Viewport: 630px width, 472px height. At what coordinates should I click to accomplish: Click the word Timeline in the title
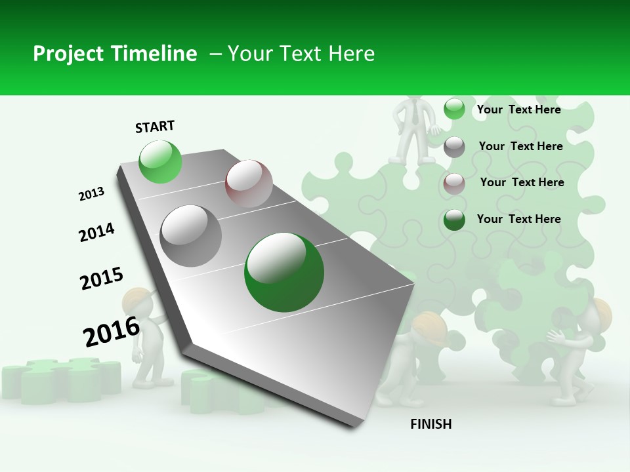(x=155, y=54)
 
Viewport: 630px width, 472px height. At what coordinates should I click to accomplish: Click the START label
(x=155, y=127)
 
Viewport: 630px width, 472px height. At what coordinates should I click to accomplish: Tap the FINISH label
(x=430, y=424)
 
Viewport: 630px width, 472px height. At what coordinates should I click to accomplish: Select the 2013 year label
(x=91, y=194)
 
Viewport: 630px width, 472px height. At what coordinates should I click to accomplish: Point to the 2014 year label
(x=96, y=233)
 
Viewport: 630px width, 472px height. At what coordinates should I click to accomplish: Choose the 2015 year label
(x=101, y=279)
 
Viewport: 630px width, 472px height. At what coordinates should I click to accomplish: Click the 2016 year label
(x=112, y=332)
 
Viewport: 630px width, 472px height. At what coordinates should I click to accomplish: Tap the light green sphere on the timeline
(x=160, y=161)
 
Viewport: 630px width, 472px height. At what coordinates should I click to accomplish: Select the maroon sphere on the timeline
(x=249, y=184)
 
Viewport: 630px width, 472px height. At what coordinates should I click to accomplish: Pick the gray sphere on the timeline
(x=191, y=235)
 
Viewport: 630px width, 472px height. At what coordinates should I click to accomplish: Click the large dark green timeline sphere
(x=284, y=272)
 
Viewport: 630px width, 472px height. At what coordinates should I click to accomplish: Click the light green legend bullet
(x=454, y=109)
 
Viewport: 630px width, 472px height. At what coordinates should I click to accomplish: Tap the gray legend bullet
(x=454, y=147)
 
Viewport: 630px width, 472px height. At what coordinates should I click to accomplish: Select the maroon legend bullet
(x=454, y=184)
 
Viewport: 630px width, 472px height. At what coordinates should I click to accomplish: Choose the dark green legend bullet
(x=454, y=220)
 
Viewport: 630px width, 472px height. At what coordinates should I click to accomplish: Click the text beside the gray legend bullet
(x=520, y=146)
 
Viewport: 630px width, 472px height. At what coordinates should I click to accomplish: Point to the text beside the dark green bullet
(x=518, y=219)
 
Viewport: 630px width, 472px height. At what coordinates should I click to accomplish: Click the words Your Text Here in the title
(x=301, y=54)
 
